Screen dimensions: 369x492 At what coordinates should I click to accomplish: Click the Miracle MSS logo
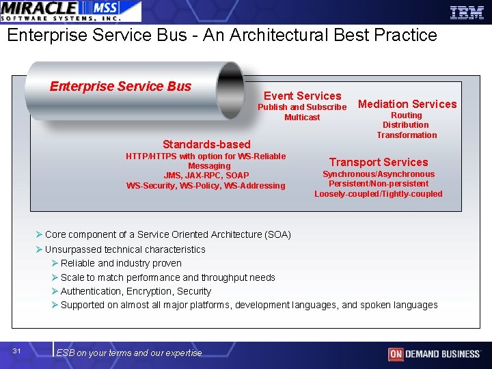point(71,12)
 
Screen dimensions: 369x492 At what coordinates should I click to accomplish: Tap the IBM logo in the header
point(467,12)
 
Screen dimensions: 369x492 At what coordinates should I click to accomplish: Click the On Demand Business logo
point(434,353)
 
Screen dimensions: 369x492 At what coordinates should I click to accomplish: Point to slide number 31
point(17,351)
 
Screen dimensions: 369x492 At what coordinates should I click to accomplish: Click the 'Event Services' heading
point(302,96)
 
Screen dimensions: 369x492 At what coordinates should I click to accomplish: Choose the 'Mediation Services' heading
point(407,104)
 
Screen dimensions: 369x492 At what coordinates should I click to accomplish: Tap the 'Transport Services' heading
point(379,162)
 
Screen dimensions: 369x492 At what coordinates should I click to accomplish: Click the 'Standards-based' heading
point(206,144)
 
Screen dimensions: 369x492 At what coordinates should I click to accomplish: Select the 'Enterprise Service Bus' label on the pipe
point(120,86)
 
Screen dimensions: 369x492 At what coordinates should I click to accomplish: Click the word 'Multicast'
point(302,118)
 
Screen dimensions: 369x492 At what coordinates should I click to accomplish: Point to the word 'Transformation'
point(407,135)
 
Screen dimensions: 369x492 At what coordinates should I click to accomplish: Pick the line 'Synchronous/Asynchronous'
point(378,174)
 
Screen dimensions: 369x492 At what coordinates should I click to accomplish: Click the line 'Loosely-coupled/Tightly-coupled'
point(378,194)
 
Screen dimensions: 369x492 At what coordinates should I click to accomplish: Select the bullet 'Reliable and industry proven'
point(121,263)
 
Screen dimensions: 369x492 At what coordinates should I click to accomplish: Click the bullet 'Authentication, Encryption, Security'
point(136,291)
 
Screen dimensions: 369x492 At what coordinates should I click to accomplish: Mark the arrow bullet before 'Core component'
point(40,234)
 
